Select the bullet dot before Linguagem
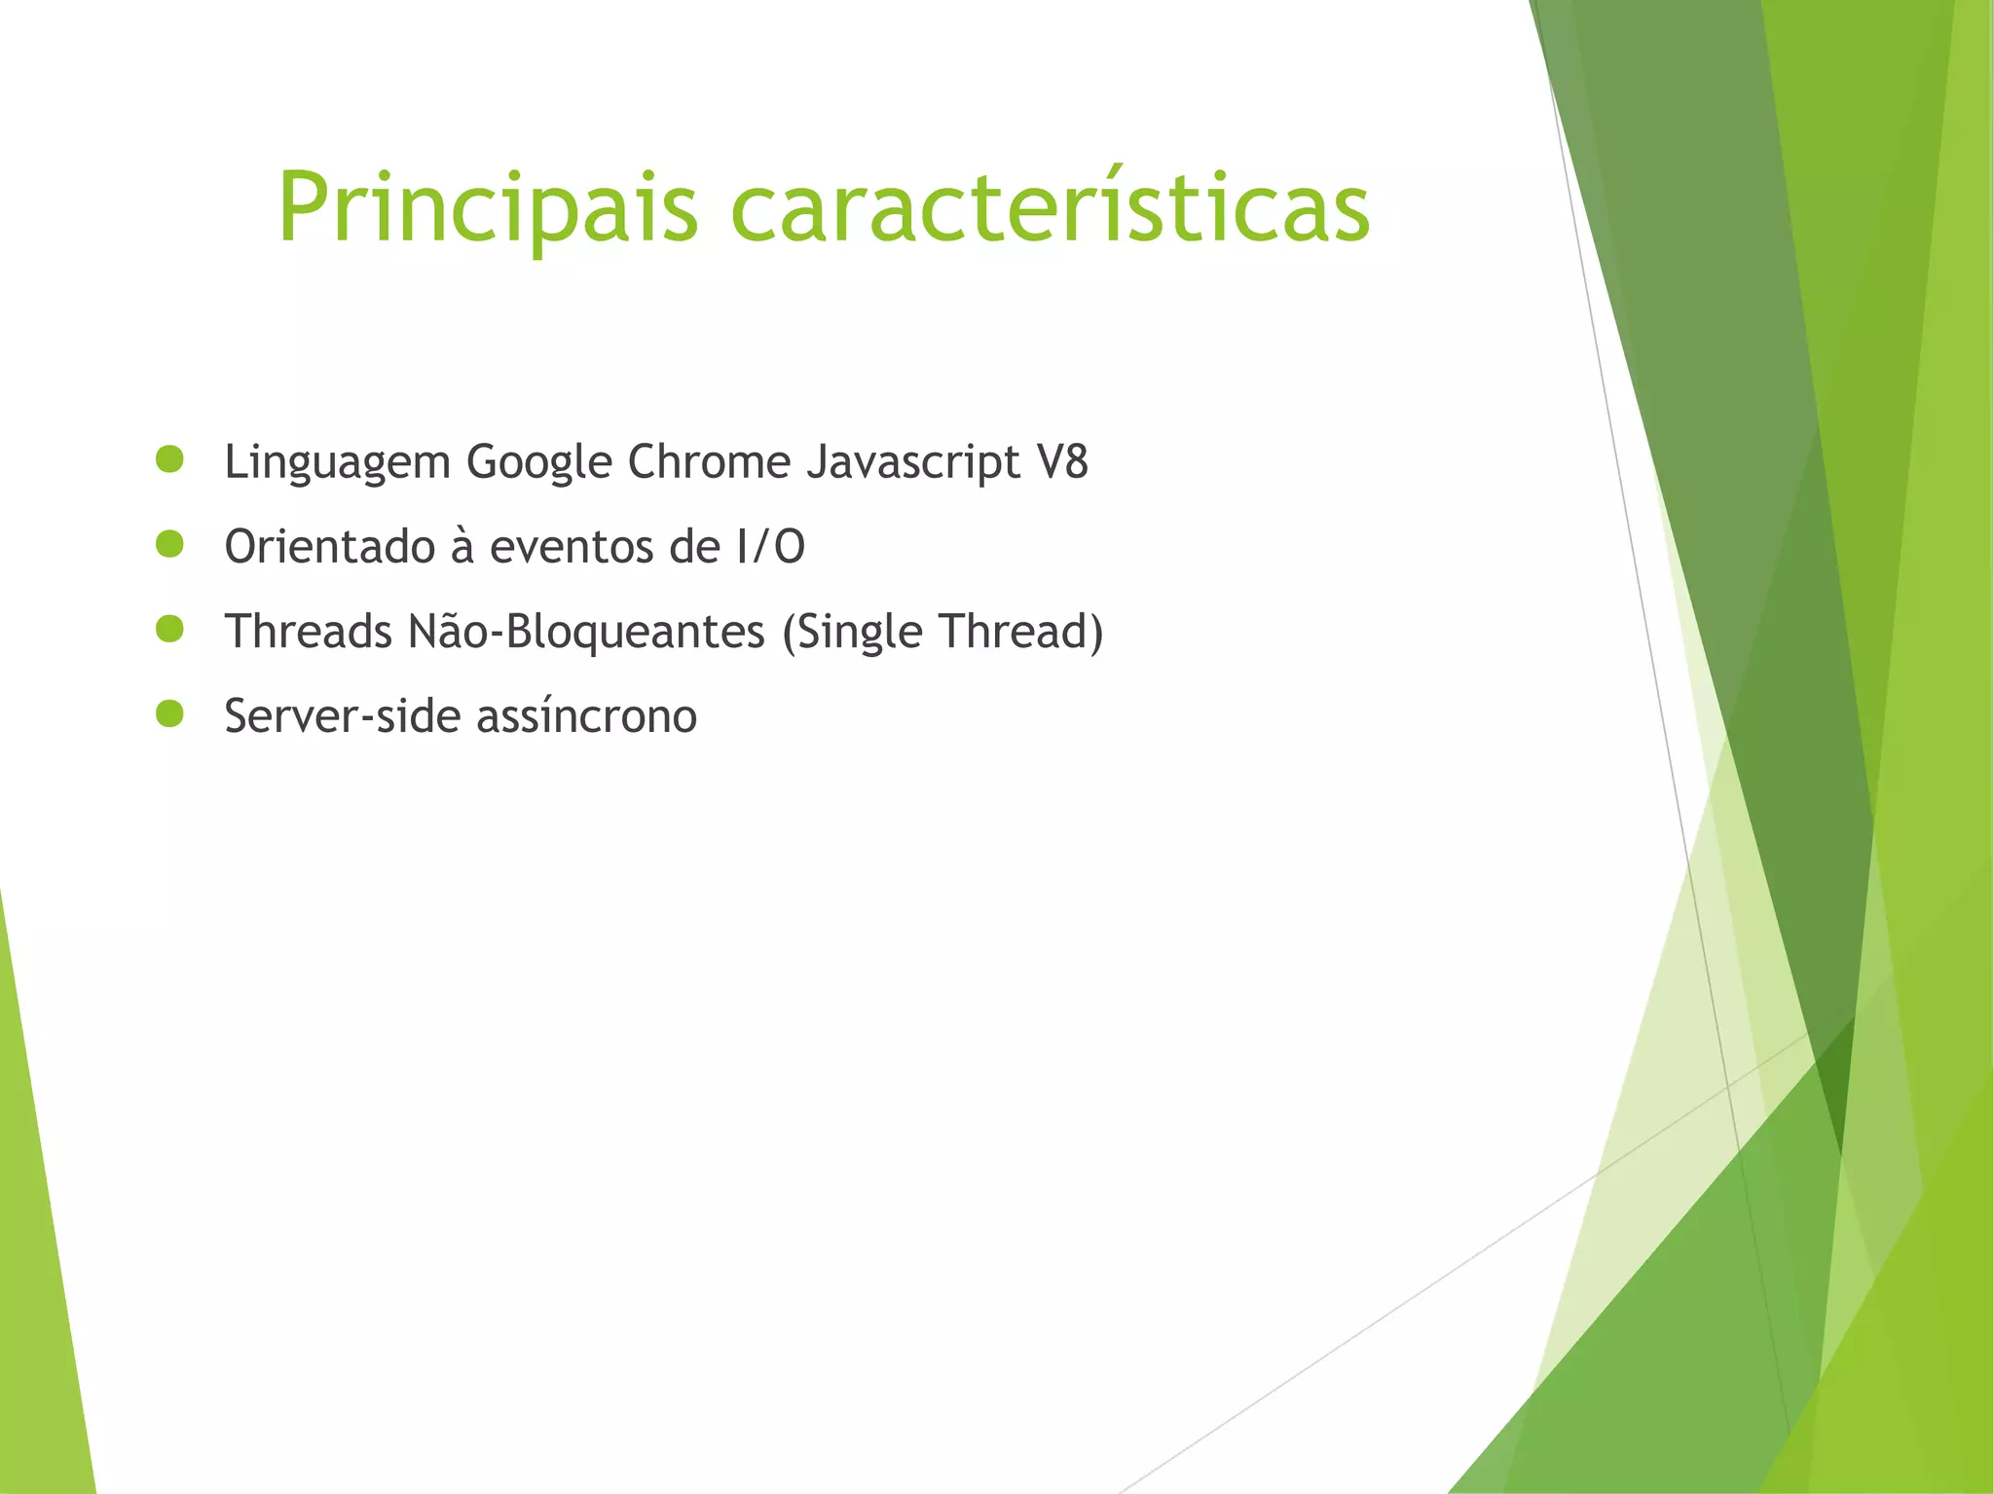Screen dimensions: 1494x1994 169,460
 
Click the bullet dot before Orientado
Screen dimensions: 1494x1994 169,545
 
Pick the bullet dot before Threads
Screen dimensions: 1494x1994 169,630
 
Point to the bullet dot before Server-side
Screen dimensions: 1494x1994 169,714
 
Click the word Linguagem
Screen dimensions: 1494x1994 337,463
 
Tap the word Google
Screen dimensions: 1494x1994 538,463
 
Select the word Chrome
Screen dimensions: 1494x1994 709,461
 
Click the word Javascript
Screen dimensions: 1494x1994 913,463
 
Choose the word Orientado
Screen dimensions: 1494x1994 329,547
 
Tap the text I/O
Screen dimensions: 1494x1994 771,547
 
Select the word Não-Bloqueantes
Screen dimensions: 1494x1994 586,632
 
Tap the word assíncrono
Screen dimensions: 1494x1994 586,716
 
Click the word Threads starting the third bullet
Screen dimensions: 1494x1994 308,632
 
